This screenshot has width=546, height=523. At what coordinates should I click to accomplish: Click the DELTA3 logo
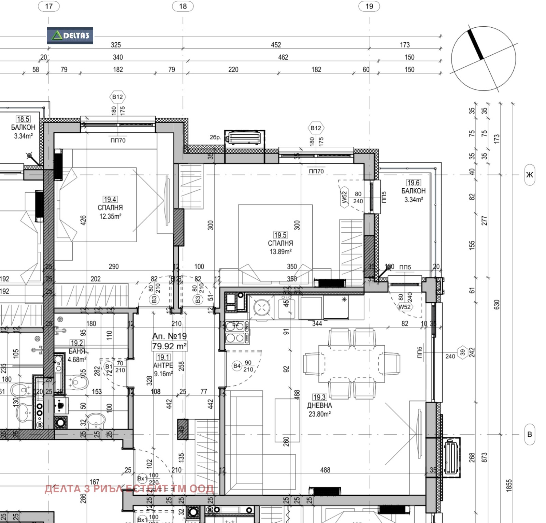(x=70, y=36)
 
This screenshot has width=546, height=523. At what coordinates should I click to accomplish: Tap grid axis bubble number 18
(x=183, y=6)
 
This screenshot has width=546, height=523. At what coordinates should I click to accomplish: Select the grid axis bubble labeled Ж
(x=529, y=175)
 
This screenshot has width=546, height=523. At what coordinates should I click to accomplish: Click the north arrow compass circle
(x=483, y=59)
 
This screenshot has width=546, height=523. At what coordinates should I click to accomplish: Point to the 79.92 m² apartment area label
(x=169, y=346)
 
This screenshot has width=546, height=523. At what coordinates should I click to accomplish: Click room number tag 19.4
(x=110, y=199)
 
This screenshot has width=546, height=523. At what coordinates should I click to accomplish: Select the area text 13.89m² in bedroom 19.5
(x=281, y=252)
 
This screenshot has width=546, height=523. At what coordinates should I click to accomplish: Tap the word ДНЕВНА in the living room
(x=319, y=406)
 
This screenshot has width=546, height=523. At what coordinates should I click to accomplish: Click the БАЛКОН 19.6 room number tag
(x=413, y=183)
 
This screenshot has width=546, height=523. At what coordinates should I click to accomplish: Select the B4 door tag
(x=236, y=366)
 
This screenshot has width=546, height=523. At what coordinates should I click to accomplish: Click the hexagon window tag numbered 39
(x=462, y=352)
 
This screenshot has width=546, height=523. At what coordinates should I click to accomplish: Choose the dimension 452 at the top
(x=276, y=45)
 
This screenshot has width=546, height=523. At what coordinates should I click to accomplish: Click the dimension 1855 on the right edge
(x=509, y=485)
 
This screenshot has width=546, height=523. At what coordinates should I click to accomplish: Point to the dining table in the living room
(x=351, y=363)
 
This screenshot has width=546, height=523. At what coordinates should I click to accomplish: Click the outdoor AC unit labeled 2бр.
(x=244, y=138)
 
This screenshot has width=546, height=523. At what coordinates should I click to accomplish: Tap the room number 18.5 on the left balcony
(x=23, y=119)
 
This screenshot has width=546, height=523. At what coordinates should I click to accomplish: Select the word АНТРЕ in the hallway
(x=163, y=365)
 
